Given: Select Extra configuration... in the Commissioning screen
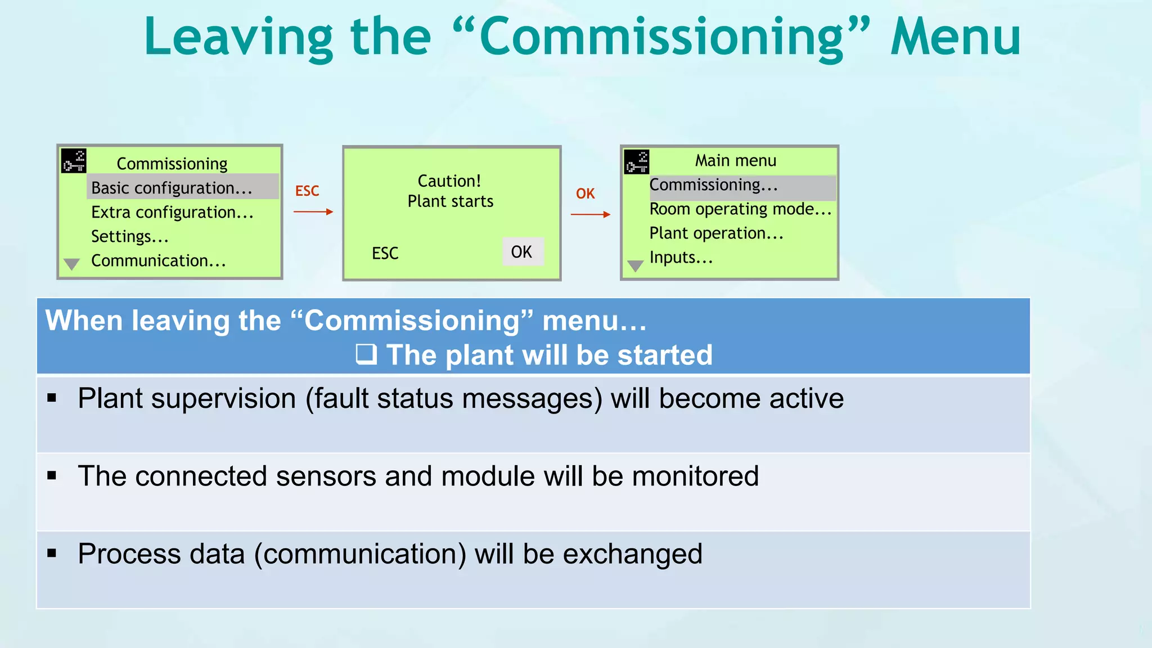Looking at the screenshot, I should pyautogui.click(x=172, y=212).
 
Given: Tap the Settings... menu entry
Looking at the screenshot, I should pyautogui.click(x=130, y=236).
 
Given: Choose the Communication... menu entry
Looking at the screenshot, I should pyautogui.click(x=158, y=260).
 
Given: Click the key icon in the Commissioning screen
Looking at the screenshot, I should pyautogui.click(x=74, y=161).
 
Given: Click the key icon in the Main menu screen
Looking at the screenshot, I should pyautogui.click(x=637, y=162).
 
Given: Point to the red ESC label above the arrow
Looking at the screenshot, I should pyautogui.click(x=307, y=191).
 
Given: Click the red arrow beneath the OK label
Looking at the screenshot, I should pyautogui.click(x=590, y=214).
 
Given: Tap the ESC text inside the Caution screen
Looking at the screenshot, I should pyautogui.click(x=385, y=253).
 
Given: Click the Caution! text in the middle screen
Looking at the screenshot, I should pyautogui.click(x=449, y=181).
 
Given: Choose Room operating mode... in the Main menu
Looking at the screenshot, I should pyautogui.click(x=740, y=209).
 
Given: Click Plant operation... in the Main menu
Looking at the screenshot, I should pyautogui.click(x=716, y=233).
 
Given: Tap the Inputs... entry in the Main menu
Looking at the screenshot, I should pyautogui.click(x=681, y=258).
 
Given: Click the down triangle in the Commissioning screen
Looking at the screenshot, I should pyautogui.click(x=72, y=264).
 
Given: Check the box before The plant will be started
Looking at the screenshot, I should pyautogui.click(x=366, y=354).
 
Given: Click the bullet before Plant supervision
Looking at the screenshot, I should pyautogui.click(x=52, y=398).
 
